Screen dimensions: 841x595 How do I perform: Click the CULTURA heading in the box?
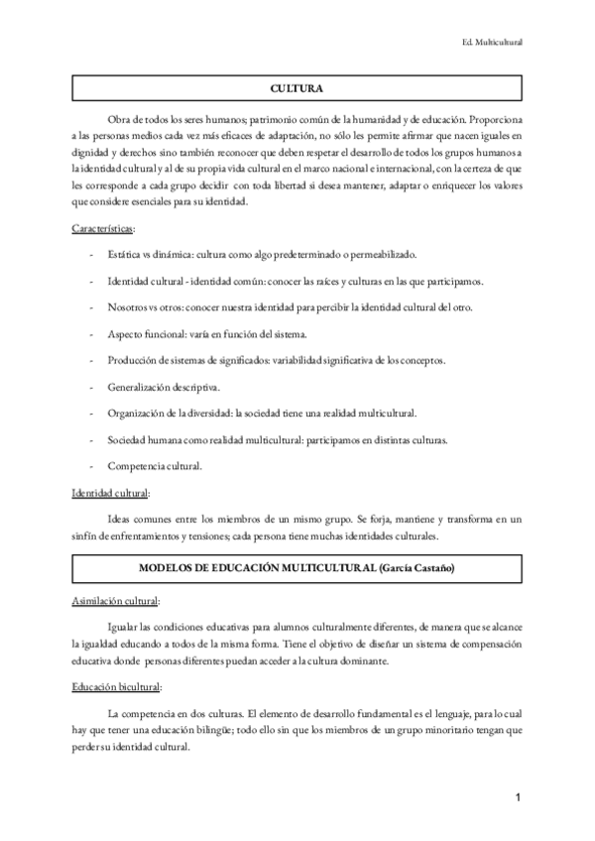point(297,89)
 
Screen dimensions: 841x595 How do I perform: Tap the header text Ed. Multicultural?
point(493,43)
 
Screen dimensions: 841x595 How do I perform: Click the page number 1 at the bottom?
point(519,797)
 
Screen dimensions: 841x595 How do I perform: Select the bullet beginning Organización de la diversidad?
point(262,413)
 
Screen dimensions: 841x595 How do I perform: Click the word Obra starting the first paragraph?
point(119,115)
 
